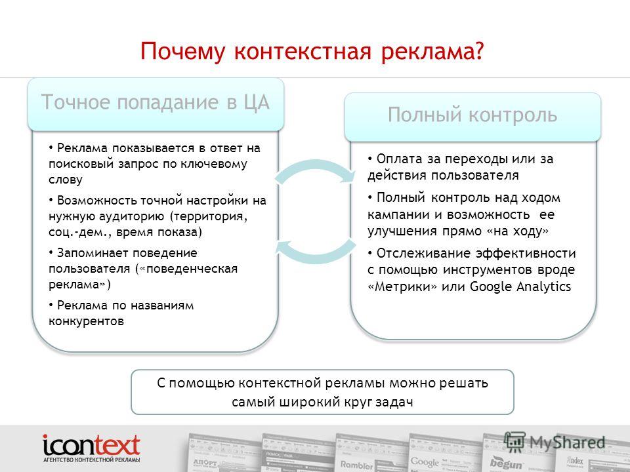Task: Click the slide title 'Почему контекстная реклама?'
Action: click(312, 50)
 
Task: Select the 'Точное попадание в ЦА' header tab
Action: click(156, 102)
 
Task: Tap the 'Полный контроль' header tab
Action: click(472, 115)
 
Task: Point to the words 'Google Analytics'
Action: click(521, 286)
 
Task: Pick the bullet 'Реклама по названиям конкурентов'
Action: click(121, 313)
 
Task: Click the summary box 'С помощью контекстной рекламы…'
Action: click(322, 392)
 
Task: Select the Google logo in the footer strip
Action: click(425, 461)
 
